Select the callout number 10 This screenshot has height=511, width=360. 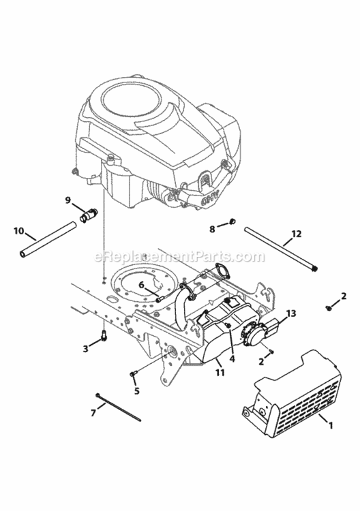19,230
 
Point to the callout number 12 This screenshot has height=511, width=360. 296,234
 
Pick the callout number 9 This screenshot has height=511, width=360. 68,200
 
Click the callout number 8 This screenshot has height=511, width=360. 212,228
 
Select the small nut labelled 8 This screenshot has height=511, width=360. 232,222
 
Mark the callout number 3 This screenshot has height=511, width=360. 85,348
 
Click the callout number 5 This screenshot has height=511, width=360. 137,391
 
